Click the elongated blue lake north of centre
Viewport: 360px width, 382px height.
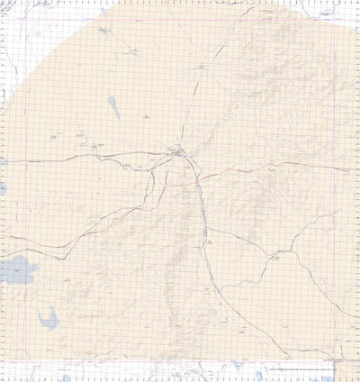tap(114, 107)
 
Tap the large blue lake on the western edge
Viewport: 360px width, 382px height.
tap(16, 269)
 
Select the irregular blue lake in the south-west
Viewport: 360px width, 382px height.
tap(49, 316)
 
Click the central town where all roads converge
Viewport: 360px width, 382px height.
tap(180, 154)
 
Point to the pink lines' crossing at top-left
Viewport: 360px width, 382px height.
tap(25, 20)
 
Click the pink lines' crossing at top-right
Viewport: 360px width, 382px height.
tap(333, 20)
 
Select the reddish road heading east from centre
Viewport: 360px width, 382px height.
tap(270, 165)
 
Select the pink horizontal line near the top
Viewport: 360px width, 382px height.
tap(180, 20)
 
